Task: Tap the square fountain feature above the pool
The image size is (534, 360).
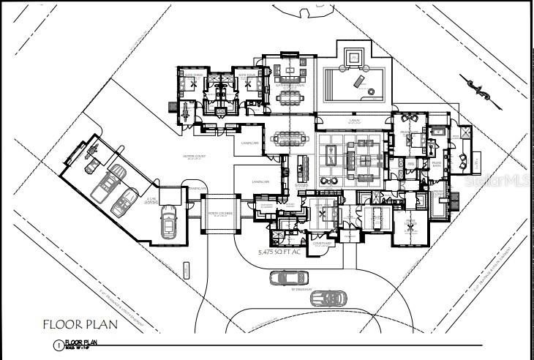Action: [353, 56]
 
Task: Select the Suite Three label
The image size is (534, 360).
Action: [193, 74]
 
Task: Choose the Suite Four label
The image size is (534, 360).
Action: [246, 74]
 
